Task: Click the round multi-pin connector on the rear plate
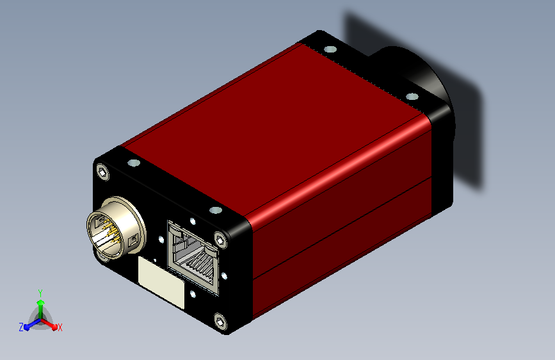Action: pos(115,228)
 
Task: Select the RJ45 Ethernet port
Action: pos(193,258)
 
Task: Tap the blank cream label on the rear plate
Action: pos(161,282)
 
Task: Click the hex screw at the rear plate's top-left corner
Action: pos(102,172)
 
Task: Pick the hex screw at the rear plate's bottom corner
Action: pos(220,322)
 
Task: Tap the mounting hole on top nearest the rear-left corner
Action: pos(133,163)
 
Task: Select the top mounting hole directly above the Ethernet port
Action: pos(216,211)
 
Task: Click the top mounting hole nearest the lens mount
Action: pos(412,96)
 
